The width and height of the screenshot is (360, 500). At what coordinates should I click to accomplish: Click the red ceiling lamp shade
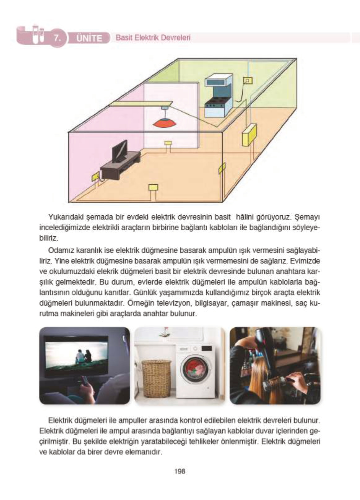click(165, 123)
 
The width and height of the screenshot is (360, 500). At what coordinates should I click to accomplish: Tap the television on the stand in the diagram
click(119, 151)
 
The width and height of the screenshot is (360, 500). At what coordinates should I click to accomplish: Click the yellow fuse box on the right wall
click(249, 135)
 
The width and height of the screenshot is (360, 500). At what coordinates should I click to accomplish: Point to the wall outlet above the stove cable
click(248, 81)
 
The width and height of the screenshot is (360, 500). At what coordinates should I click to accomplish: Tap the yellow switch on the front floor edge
click(153, 187)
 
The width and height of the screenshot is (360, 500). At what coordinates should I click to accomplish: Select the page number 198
click(180, 471)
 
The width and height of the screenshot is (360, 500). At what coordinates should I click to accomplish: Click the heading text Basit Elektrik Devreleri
click(153, 38)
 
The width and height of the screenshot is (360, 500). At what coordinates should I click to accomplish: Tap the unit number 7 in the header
click(57, 38)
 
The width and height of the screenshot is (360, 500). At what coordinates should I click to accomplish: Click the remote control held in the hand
click(84, 380)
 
